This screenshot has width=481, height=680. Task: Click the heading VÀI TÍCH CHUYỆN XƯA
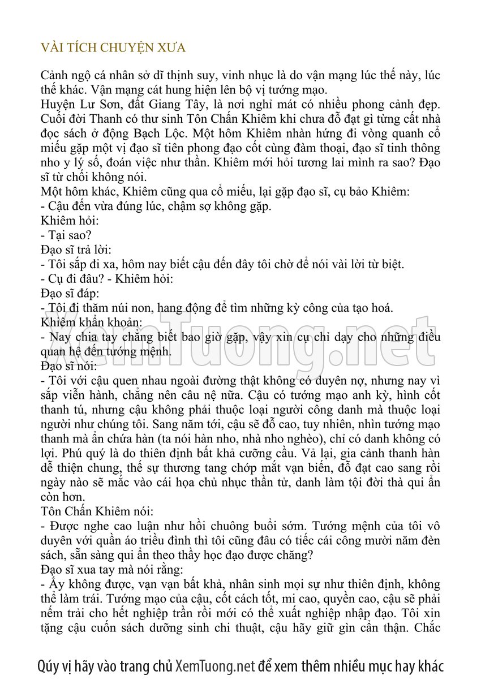pos(113,48)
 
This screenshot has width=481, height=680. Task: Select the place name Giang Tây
pos(183,105)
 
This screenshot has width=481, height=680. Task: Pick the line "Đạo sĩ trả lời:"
pos(76,250)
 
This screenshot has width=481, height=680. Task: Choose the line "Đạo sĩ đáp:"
pos(70,294)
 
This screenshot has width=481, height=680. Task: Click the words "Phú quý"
pos(62,453)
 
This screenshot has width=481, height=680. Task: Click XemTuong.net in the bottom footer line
pos(215,666)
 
